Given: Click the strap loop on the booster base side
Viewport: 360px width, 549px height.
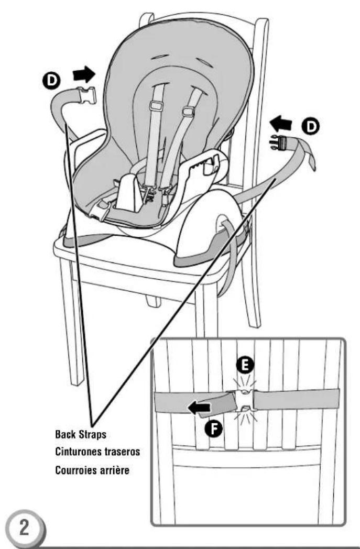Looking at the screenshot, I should [227, 231].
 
